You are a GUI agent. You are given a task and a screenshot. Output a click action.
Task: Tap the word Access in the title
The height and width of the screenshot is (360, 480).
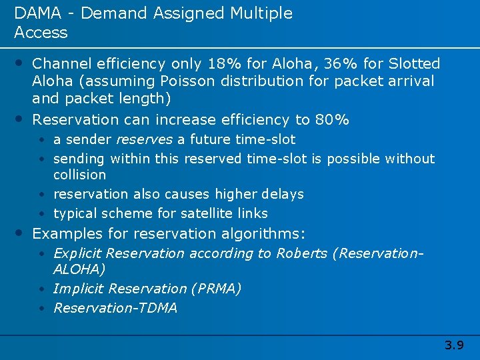pyautogui.click(x=41, y=33)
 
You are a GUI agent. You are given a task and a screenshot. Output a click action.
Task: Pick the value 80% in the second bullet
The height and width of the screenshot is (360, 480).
pyautogui.click(x=332, y=120)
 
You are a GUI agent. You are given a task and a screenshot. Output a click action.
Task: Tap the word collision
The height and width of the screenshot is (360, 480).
pyautogui.click(x=79, y=175)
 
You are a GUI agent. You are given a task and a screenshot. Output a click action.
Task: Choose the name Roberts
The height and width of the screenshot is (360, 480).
pyautogui.click(x=299, y=253)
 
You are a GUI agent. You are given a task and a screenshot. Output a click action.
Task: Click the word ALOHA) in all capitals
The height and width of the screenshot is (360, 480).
pyautogui.click(x=79, y=269)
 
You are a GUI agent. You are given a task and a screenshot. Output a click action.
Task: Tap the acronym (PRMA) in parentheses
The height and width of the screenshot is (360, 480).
pyautogui.click(x=216, y=289)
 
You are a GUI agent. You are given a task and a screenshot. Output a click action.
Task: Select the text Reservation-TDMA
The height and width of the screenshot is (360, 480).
pyautogui.click(x=115, y=308)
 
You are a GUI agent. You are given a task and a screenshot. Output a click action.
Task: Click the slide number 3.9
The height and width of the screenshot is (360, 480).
pyautogui.click(x=454, y=345)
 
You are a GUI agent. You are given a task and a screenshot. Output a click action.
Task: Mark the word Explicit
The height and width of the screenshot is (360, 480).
pyautogui.click(x=77, y=253)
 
